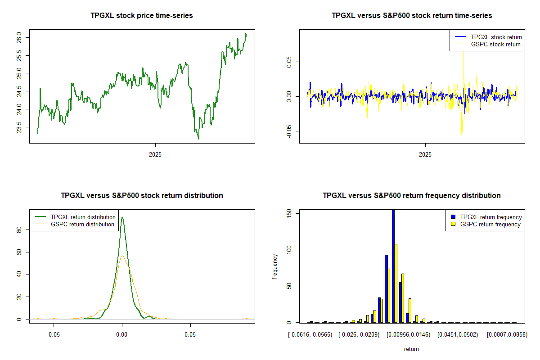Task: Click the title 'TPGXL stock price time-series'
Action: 142,16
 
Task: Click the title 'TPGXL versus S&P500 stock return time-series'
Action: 412,16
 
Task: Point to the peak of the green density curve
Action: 122,218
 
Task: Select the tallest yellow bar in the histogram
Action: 396,283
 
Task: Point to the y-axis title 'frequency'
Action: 275,267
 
